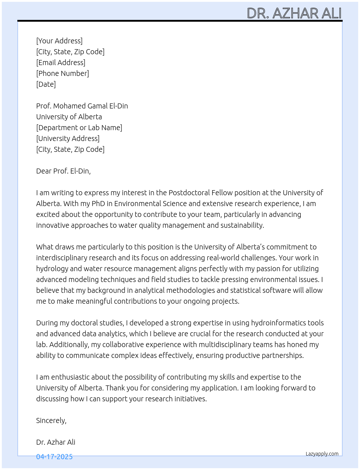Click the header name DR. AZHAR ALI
click(294, 13)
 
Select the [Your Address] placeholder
click(59, 41)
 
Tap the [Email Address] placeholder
click(61, 63)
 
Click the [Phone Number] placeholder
click(63, 73)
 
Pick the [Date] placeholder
click(46, 84)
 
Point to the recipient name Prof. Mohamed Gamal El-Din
click(82, 106)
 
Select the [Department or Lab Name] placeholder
click(79, 128)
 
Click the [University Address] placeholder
click(68, 138)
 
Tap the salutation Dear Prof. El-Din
click(63, 171)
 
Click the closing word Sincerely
click(51, 420)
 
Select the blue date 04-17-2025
click(54, 457)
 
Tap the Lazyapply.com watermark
click(322, 454)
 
